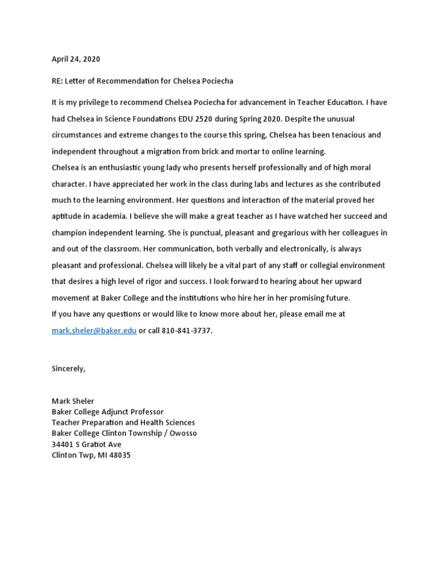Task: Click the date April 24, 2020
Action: coord(76,59)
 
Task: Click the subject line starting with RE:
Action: coord(142,81)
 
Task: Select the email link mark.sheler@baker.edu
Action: coord(94,331)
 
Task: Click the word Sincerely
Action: coord(68,368)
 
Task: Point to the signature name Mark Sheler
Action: coord(73,401)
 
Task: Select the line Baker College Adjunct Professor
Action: coord(107,412)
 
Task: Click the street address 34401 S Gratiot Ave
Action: coord(87,444)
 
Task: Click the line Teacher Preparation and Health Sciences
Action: coord(123,422)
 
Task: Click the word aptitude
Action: coord(66,216)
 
